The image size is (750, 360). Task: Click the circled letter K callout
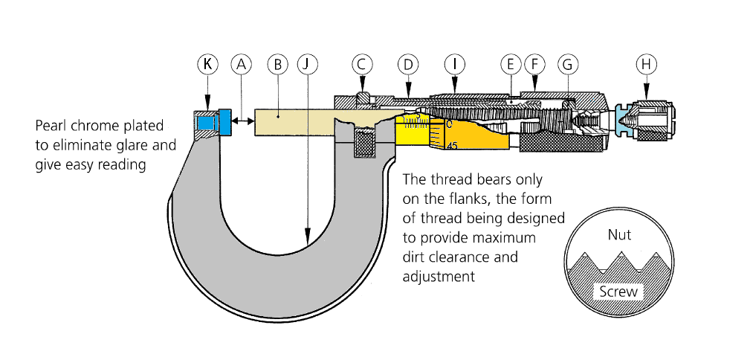coord(207,65)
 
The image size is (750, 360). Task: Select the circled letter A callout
coord(239,65)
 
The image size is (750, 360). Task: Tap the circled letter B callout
coord(277,65)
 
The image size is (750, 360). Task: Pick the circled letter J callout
coord(306,65)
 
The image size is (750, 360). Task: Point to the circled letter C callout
coord(362,65)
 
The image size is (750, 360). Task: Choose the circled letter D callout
coord(407,65)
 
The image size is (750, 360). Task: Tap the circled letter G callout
coord(568,65)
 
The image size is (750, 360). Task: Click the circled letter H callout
coord(647,65)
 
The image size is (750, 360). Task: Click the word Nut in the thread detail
coord(619,235)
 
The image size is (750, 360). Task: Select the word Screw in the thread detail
coord(618,292)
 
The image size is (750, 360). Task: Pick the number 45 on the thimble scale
coord(452,146)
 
